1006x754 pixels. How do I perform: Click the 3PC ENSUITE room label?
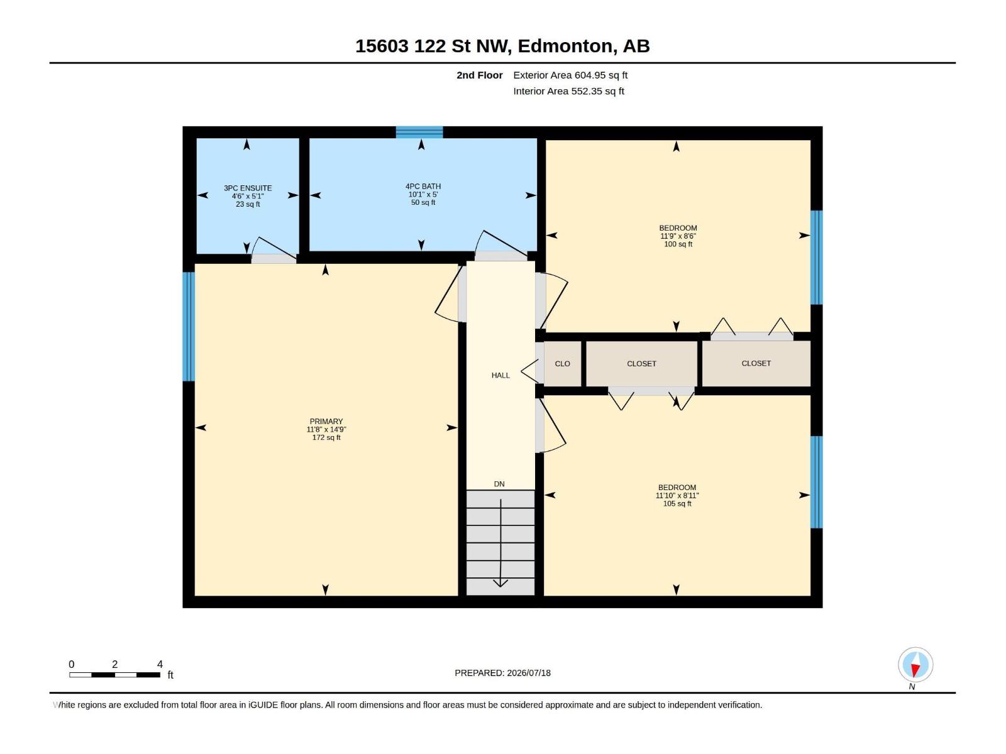248,188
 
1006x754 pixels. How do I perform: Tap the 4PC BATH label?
423,187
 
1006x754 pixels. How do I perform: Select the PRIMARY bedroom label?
326,421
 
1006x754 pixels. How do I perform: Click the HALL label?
500,375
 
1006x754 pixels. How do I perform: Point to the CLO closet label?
562,364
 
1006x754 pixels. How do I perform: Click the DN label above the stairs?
499,484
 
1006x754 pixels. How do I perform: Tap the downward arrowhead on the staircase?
500,583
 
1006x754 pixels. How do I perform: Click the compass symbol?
915,665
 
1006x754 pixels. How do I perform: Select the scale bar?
114,675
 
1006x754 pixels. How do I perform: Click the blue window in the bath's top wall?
419,133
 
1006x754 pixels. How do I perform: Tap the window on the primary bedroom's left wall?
189,326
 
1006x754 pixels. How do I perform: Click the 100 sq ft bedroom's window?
816,257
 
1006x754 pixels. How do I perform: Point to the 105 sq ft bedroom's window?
816,482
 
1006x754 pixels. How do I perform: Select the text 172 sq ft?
326,438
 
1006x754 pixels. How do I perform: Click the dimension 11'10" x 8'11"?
677,496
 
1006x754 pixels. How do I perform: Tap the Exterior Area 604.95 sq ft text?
570,75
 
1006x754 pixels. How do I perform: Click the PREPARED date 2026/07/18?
528,673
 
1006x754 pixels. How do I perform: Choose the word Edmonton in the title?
565,46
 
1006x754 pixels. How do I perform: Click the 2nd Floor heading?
479,75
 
